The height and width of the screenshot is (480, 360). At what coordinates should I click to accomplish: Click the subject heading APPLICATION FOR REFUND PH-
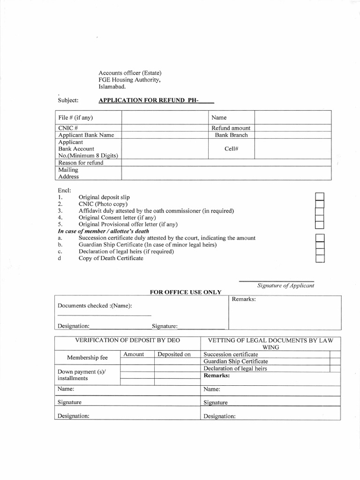click(156, 100)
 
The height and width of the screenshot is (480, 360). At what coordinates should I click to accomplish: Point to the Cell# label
click(231, 149)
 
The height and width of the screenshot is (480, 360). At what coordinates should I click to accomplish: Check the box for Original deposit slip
click(320, 196)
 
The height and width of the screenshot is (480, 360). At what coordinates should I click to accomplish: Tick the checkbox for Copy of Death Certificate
click(320, 259)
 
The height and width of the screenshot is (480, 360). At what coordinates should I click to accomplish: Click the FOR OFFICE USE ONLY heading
click(185, 292)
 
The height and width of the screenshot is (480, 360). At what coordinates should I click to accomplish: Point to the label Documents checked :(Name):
click(95, 306)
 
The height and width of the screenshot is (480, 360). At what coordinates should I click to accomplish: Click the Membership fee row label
click(87, 358)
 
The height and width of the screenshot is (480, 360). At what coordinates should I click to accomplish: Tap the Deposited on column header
click(174, 354)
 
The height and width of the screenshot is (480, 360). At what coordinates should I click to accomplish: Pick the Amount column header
click(134, 354)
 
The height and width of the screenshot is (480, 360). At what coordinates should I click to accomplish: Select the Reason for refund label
click(80, 163)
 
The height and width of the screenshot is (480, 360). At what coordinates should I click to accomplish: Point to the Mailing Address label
click(68, 173)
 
